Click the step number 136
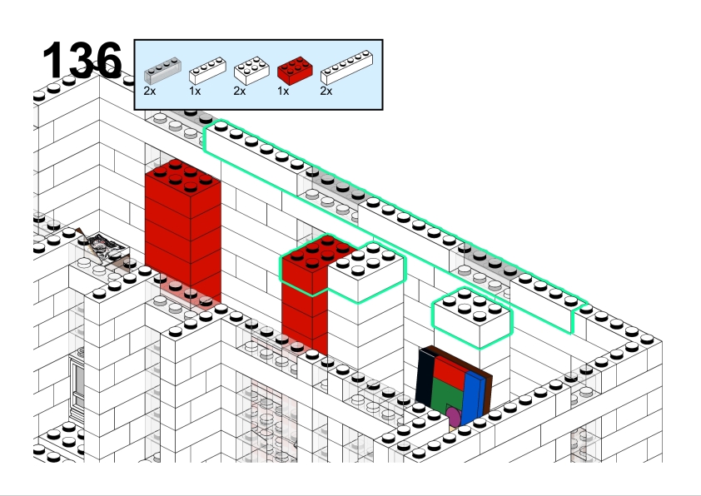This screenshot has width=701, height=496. [82, 60]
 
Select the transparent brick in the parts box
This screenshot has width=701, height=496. [162, 71]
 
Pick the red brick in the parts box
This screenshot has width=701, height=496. [295, 71]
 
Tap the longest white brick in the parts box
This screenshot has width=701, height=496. [346, 67]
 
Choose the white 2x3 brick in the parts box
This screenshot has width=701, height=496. [251, 71]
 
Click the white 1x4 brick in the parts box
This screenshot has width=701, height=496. [207, 71]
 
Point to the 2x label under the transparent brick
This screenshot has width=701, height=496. [150, 92]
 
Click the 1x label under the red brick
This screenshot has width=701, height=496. [283, 92]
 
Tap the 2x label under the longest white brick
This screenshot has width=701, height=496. [326, 92]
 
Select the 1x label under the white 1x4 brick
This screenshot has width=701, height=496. [195, 92]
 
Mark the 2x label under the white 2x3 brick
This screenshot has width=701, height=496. [240, 92]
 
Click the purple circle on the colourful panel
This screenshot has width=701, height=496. [454, 416]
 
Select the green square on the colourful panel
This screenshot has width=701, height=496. [448, 396]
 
